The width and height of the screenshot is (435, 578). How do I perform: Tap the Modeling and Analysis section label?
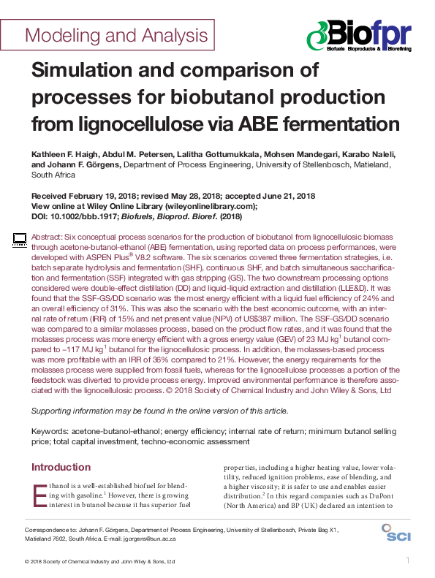[x=117, y=35]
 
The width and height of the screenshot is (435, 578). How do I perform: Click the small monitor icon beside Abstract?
[x=20, y=238]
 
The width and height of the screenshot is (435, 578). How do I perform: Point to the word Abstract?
[x=47, y=238]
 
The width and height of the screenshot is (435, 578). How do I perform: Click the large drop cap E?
[x=39, y=495]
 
